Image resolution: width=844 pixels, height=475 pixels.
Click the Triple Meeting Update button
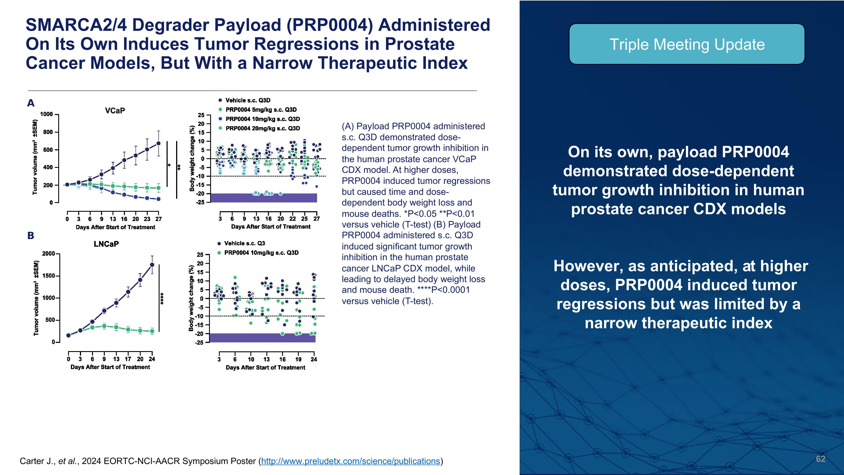click(x=687, y=44)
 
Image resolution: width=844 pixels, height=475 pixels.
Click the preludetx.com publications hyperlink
click(x=350, y=461)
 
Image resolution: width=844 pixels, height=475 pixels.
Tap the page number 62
click(x=820, y=459)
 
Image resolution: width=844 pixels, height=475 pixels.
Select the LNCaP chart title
click(x=106, y=244)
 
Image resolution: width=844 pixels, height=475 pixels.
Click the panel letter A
click(x=30, y=103)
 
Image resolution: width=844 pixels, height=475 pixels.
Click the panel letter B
click(x=30, y=236)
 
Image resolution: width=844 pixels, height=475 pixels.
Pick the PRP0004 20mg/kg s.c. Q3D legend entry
click(x=262, y=128)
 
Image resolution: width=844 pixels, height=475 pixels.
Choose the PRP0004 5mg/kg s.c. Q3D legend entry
click(x=261, y=110)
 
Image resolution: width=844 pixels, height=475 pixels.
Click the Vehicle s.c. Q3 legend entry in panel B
click(x=244, y=243)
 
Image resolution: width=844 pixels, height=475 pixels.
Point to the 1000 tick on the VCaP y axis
click(x=46, y=114)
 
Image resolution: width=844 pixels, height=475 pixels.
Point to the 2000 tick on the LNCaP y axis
click(x=48, y=253)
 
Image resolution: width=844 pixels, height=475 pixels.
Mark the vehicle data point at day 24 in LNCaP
click(x=152, y=265)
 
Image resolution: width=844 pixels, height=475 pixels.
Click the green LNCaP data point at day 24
click(x=152, y=331)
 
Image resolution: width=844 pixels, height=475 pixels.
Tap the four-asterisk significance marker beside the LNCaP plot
click(x=162, y=298)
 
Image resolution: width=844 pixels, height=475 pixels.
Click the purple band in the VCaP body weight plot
click(x=264, y=198)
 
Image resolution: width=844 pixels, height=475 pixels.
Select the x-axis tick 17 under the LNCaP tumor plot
click(x=128, y=359)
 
